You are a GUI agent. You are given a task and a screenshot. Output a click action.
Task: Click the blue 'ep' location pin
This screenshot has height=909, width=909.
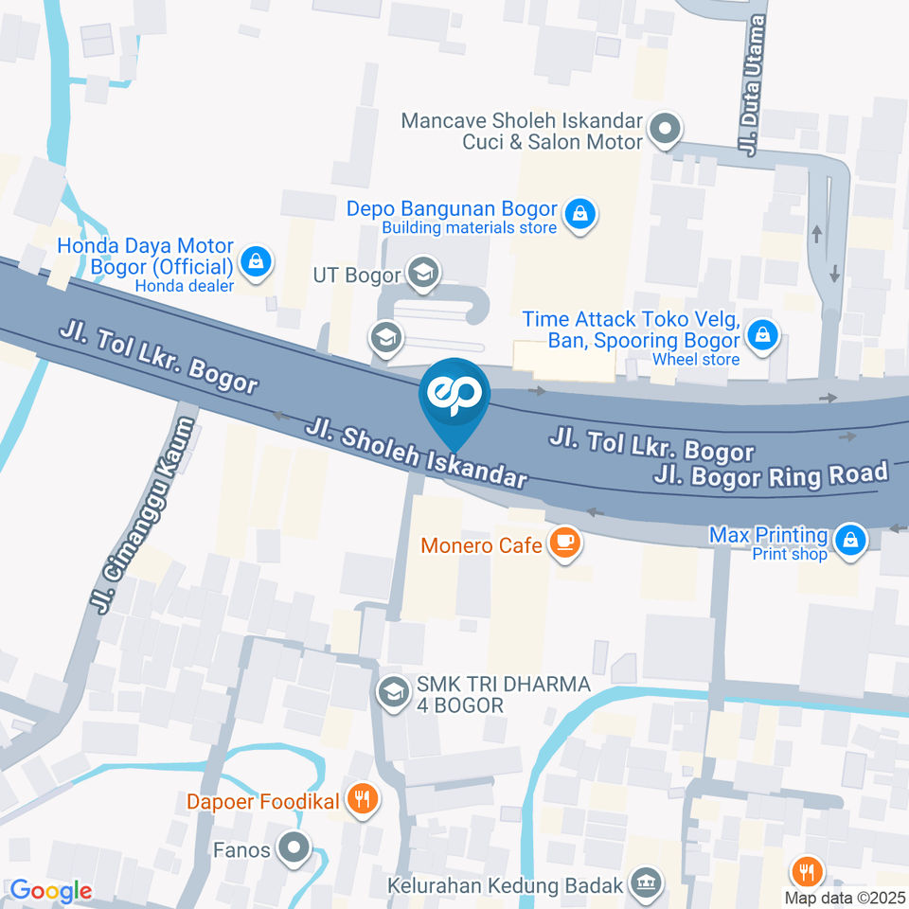[x=454, y=396]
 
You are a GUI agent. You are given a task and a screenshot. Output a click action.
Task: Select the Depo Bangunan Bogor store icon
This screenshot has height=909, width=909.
[x=578, y=215]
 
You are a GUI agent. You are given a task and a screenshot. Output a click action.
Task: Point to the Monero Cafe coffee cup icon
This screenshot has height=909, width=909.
[x=565, y=543]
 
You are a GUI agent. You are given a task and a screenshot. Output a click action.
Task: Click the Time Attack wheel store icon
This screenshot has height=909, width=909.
[x=761, y=333]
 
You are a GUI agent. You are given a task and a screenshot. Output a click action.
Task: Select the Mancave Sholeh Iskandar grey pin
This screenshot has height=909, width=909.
[x=666, y=128]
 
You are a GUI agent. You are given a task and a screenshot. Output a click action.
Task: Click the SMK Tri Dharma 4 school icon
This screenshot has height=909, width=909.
[x=391, y=692]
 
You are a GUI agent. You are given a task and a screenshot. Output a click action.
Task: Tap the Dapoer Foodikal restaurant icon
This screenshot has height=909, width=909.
[x=360, y=800]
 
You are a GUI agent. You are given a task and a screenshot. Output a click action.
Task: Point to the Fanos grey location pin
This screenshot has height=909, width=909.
[x=296, y=848]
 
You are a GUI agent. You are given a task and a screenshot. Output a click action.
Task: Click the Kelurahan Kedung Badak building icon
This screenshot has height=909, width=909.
[x=648, y=882]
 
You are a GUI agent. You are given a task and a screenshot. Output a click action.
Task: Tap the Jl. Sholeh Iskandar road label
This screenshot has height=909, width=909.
[x=416, y=454]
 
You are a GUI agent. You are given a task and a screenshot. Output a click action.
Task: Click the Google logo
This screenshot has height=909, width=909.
[x=50, y=890]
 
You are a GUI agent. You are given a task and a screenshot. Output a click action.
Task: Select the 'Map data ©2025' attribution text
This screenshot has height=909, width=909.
[x=846, y=897]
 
